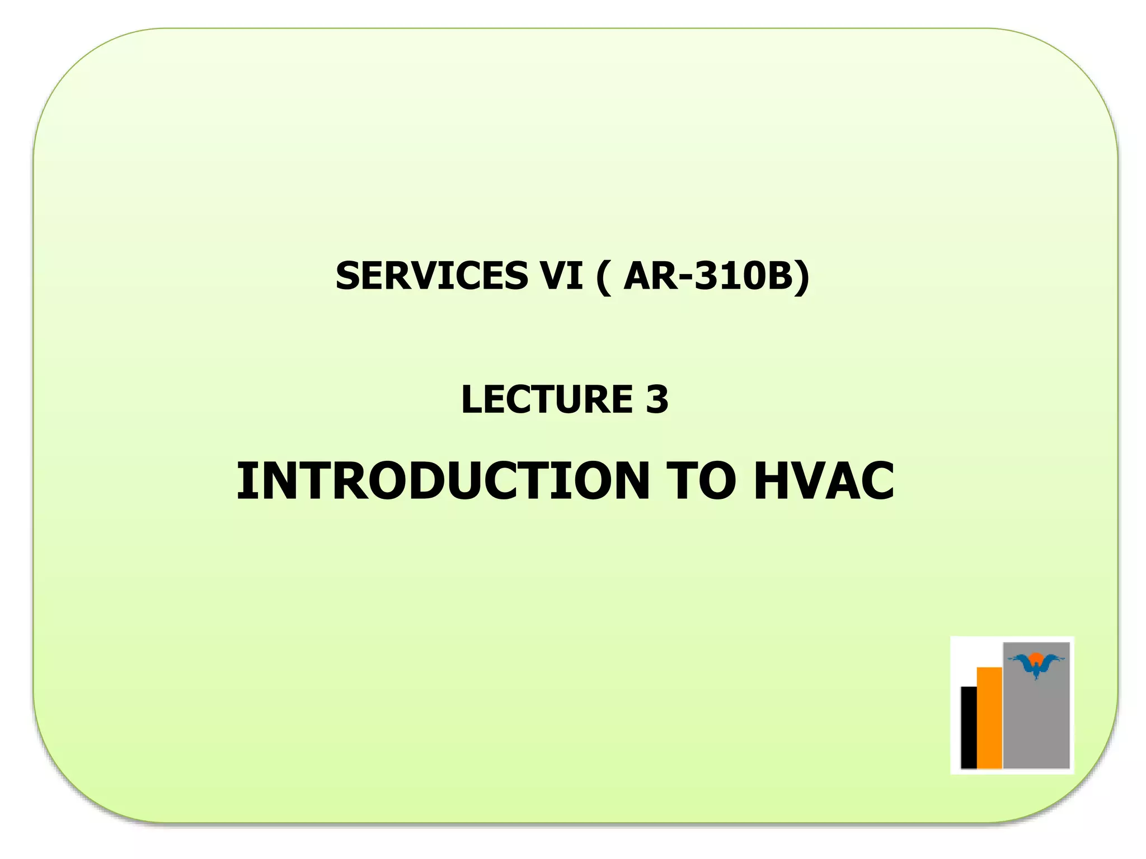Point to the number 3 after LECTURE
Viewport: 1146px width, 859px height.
coord(657,399)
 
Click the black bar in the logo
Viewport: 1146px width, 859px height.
coord(969,727)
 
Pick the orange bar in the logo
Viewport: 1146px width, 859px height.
coord(989,718)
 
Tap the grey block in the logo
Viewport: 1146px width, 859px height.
coord(1036,727)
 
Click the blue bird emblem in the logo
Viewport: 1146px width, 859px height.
coord(1036,666)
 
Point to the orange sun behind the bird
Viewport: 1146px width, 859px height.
coord(1036,658)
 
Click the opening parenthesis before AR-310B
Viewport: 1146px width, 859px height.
coord(603,276)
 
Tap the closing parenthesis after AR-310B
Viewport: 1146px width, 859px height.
coord(802,276)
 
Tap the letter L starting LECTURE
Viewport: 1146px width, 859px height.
coord(472,399)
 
